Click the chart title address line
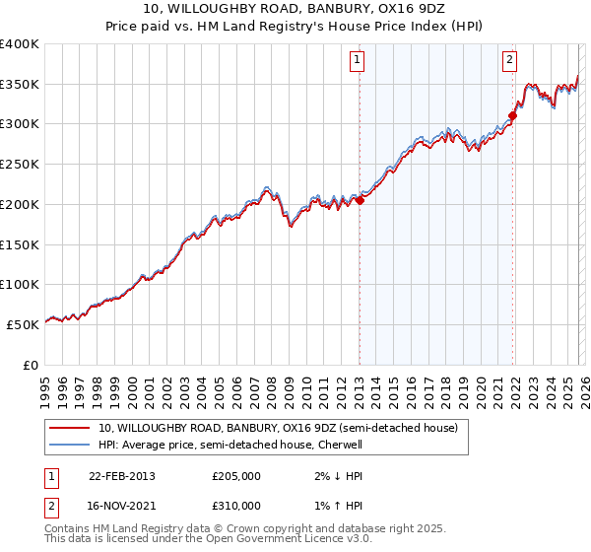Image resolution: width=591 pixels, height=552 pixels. (x=295, y=8)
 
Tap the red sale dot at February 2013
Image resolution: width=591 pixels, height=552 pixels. (x=360, y=200)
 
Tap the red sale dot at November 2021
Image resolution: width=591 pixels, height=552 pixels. (x=512, y=116)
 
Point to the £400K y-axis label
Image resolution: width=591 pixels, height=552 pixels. (x=20, y=44)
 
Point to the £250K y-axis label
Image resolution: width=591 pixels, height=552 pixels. (x=20, y=165)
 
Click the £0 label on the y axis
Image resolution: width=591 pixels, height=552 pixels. (x=31, y=365)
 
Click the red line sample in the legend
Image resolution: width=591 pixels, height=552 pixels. (x=70, y=429)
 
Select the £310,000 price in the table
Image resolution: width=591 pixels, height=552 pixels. (x=236, y=506)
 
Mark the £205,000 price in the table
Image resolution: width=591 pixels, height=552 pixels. (x=236, y=476)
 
